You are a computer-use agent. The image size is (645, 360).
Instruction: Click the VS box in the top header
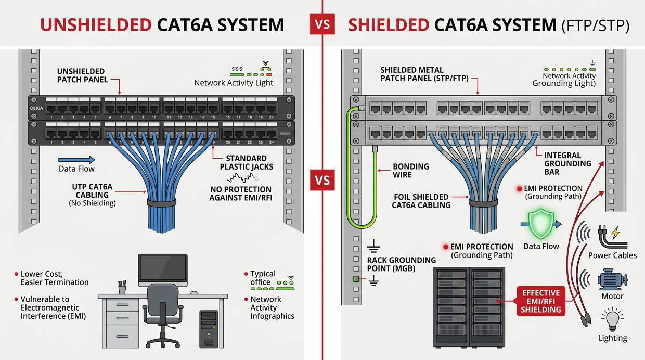(x=322, y=24)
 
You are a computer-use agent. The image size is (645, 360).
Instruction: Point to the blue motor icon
(x=612, y=279)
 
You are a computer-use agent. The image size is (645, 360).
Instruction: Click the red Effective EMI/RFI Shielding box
(x=540, y=301)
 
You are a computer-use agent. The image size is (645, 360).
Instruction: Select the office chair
(x=163, y=312)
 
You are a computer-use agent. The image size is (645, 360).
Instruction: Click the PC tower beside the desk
(x=209, y=329)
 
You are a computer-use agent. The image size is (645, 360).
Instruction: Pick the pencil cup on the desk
(x=122, y=287)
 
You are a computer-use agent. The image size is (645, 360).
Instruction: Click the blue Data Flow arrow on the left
(x=76, y=160)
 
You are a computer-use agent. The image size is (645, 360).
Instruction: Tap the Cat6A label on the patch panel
(x=36, y=108)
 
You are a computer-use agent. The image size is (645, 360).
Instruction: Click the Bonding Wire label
(x=411, y=171)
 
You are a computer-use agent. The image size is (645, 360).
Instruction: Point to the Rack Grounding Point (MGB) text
(x=401, y=264)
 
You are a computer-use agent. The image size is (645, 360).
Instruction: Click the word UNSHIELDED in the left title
(x=96, y=24)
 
